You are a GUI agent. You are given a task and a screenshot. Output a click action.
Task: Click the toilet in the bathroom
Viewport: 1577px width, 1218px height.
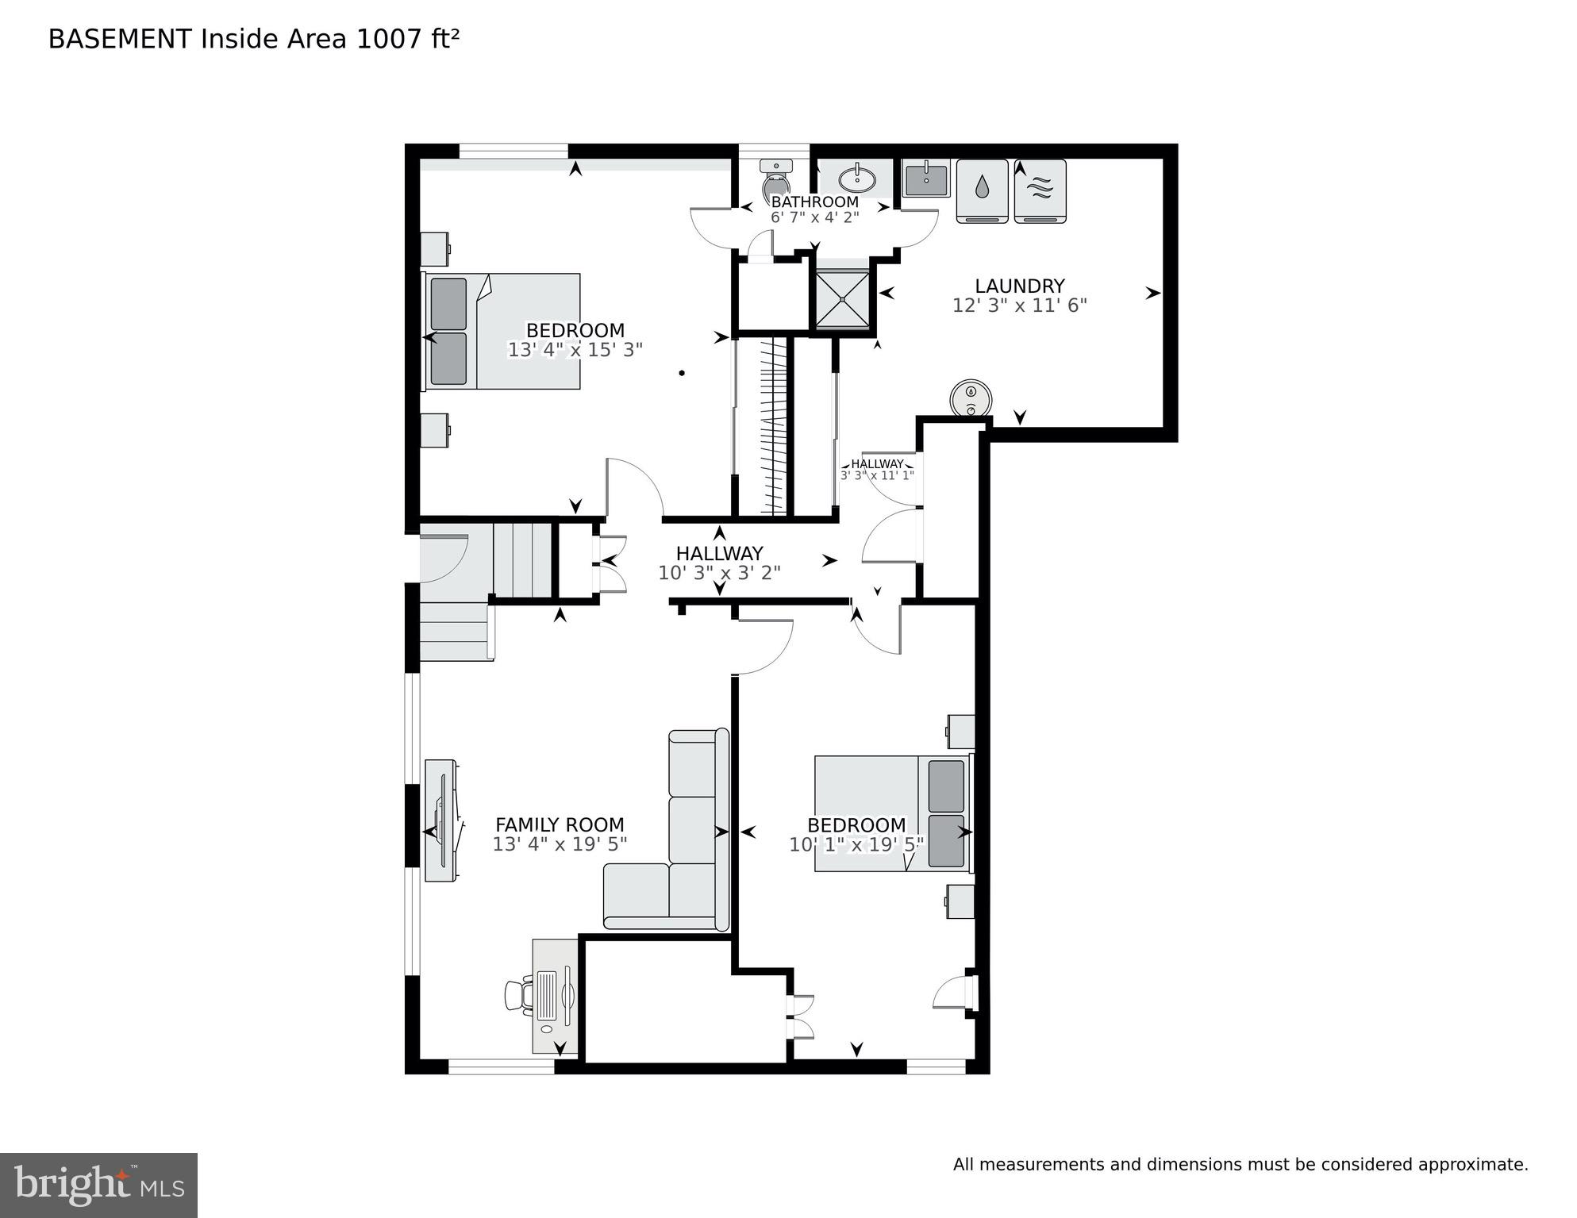click(x=775, y=180)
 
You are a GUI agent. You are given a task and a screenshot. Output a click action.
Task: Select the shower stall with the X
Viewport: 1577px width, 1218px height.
click(x=842, y=298)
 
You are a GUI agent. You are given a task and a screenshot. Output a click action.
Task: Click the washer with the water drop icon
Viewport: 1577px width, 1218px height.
click(x=982, y=190)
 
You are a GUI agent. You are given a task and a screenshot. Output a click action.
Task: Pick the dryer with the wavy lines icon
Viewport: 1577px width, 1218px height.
click(x=1040, y=190)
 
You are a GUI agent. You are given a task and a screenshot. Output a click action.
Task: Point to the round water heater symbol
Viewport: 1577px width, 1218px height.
click(x=971, y=398)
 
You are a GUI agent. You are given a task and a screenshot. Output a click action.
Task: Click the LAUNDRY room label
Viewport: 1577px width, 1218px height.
click(x=1019, y=286)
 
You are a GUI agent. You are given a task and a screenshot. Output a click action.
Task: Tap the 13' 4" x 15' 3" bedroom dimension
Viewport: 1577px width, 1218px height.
click(x=575, y=350)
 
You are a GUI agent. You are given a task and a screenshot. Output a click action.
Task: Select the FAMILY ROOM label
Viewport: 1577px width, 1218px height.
click(x=560, y=825)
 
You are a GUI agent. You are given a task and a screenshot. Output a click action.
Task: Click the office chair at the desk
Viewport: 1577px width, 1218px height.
click(x=518, y=996)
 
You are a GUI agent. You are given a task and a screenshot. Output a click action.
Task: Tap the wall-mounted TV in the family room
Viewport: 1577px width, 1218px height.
click(x=442, y=820)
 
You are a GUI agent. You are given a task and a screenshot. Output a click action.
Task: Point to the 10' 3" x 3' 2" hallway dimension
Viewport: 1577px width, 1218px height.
click(x=719, y=573)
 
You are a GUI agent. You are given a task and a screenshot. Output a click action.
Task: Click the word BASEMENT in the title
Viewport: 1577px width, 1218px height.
click(x=120, y=39)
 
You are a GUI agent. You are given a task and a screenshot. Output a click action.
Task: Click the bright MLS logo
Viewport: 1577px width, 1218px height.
click(x=98, y=1185)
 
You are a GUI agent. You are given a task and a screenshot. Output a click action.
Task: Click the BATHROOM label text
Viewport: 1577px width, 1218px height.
click(x=814, y=202)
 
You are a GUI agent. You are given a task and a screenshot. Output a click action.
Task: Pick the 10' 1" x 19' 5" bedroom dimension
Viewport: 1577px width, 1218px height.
click(x=856, y=845)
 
